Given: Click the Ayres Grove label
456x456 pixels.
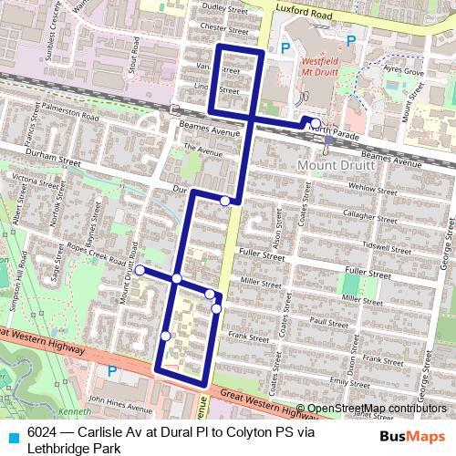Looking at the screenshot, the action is [405, 70].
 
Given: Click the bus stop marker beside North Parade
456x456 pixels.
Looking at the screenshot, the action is [315, 123].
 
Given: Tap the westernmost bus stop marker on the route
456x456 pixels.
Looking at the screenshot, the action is [140, 270].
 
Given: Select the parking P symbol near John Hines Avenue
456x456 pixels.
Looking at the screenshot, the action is [112, 371].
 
